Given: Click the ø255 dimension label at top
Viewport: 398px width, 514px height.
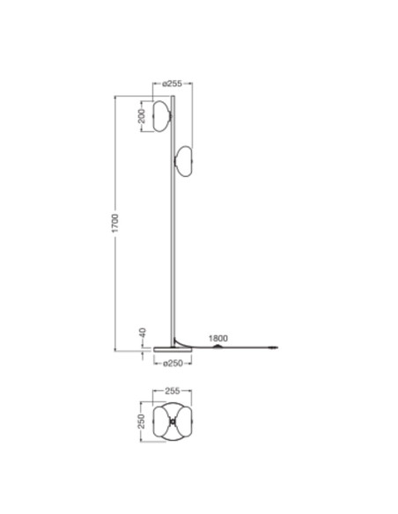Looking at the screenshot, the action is pyautogui.click(x=172, y=84).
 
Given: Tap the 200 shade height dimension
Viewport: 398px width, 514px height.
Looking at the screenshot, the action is pyautogui.click(x=141, y=116).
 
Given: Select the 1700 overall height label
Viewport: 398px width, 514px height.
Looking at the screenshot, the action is pyautogui.click(x=115, y=224).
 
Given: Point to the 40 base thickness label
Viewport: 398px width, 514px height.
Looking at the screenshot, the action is pyautogui.click(x=143, y=333).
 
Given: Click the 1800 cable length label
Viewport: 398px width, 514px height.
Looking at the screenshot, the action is pyautogui.click(x=218, y=338).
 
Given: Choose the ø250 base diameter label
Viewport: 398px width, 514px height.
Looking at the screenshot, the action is pyautogui.click(x=173, y=363).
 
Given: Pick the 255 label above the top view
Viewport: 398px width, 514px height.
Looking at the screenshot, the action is pyautogui.click(x=172, y=391).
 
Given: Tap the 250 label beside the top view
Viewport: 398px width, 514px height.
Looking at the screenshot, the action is pyautogui.click(x=141, y=422).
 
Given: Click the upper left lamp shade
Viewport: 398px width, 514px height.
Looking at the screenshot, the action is pyautogui.click(x=162, y=116).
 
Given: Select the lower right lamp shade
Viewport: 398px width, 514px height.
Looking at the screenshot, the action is pyautogui.click(x=184, y=161).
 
